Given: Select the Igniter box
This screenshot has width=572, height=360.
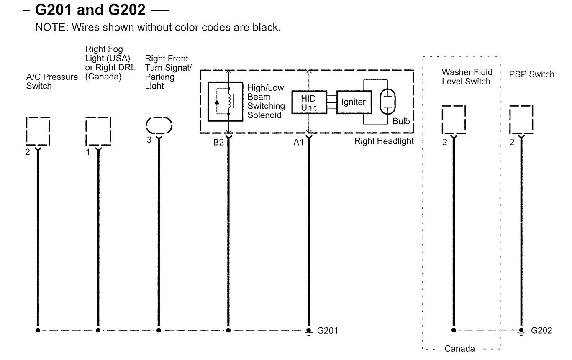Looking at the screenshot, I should [x=354, y=102].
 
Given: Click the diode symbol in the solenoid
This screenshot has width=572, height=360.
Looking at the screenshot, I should [x=216, y=102].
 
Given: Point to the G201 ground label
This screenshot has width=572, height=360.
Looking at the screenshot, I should [x=327, y=331].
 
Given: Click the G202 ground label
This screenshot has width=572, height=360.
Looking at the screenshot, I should [x=541, y=331].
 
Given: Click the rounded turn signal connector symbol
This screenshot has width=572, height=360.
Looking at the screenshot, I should [x=159, y=125].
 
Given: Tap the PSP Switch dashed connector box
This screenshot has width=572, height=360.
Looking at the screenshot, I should [x=521, y=119].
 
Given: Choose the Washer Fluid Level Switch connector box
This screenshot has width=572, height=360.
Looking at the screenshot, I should [x=454, y=119].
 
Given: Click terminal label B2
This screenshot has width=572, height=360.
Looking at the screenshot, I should [x=218, y=142].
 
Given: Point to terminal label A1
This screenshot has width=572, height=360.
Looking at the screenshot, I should [x=298, y=142].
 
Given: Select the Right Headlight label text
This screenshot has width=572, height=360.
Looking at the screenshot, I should [x=384, y=141].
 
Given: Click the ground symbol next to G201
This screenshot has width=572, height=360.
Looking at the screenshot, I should [x=308, y=331].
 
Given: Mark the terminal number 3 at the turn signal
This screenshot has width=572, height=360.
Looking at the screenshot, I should [x=149, y=140].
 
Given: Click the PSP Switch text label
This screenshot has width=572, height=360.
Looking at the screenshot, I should [x=531, y=74].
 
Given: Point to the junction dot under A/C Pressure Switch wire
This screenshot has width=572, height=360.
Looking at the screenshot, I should [x=38, y=330].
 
